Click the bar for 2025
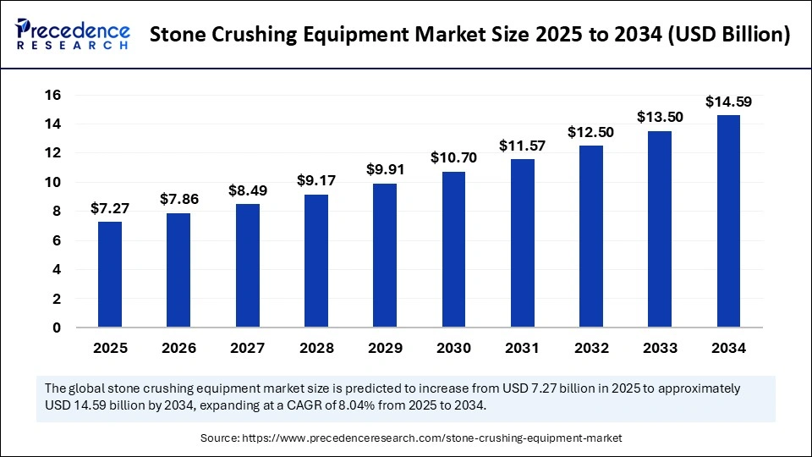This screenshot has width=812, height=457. coord(109,274)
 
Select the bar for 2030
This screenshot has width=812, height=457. coord(453,250)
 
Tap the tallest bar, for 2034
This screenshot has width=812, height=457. coord(728,221)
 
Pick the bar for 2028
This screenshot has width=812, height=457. coord(315,261)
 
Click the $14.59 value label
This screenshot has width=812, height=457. coord(728,102)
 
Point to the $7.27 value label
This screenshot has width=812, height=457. coord(109,208)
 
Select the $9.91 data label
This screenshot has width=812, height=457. coord(384,170)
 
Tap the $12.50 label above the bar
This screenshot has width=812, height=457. coord(590,133)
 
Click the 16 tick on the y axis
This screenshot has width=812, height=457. coord(52,95)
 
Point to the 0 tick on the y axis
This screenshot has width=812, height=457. coord(58,328)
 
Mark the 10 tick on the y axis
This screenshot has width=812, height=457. coord(52,182)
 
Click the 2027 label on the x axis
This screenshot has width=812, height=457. coord(247,348)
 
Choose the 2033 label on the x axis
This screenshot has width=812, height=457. coord(660,348)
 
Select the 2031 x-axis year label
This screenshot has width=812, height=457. coord(522,348)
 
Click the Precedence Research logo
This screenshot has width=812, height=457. coord(73,33)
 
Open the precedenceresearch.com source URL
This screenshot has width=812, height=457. coord(432,438)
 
